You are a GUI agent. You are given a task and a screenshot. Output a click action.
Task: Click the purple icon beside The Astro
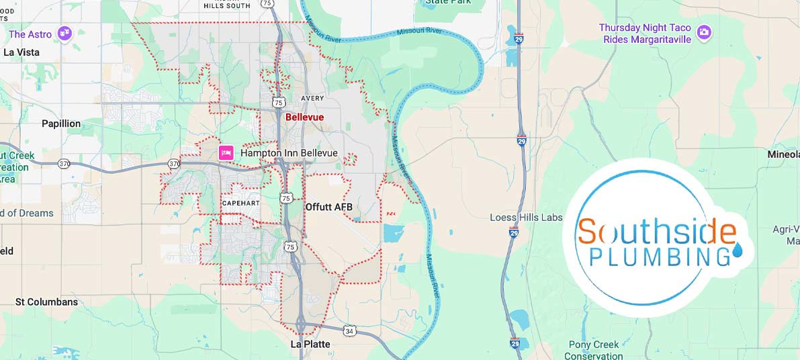[64, 34]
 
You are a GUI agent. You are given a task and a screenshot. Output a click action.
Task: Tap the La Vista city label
[21, 52]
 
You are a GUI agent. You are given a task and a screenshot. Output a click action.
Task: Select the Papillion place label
[61, 124]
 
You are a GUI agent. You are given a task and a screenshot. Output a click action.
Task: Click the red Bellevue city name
[304, 117]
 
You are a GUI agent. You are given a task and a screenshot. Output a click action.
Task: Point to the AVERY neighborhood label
[312, 98]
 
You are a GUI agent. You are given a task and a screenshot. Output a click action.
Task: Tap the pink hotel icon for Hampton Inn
[226, 153]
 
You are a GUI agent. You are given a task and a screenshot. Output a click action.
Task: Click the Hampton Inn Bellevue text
[289, 153]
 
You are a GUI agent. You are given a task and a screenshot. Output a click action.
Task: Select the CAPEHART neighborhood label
[240, 203]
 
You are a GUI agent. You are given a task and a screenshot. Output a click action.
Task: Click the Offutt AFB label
[328, 207]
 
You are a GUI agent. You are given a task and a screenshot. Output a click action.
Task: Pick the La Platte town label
[310, 344]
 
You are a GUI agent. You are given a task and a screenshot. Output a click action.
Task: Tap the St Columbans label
[46, 302]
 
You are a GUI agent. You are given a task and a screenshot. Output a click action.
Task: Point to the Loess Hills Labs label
[526, 218]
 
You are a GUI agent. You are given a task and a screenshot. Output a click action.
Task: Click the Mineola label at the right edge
[783, 154]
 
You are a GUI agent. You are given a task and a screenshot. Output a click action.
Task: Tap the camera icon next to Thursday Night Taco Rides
[703, 32]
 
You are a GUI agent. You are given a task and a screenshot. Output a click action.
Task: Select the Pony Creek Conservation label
[593, 351]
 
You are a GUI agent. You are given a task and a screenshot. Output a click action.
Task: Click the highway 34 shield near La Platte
[349, 330]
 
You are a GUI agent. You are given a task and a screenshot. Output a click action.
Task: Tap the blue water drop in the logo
[738, 251]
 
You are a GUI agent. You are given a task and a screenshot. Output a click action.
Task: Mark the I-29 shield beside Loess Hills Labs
[514, 232]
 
